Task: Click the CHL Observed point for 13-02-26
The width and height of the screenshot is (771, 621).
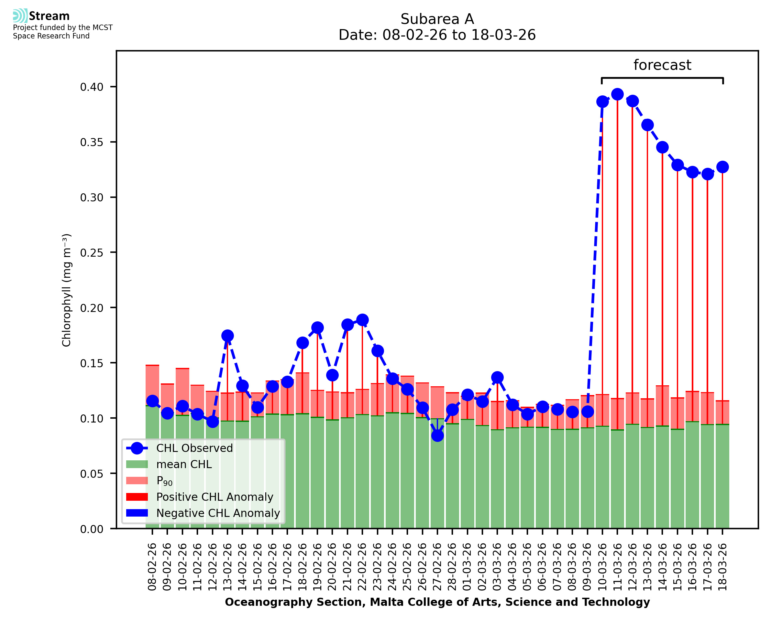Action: (x=227, y=336)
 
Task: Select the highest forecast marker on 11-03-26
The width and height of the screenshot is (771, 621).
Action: (x=617, y=94)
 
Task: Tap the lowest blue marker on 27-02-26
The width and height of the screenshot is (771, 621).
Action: (x=437, y=436)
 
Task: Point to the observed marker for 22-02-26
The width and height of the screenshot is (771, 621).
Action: (x=362, y=320)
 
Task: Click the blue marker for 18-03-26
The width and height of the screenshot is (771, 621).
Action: (x=722, y=167)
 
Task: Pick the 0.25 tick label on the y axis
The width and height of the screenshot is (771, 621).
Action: (x=92, y=253)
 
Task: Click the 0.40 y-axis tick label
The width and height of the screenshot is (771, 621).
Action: (x=92, y=87)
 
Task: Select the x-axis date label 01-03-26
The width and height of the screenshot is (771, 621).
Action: (x=468, y=567)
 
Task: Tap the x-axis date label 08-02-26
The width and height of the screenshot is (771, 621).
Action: (x=152, y=567)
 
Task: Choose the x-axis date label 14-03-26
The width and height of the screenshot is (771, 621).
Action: (x=663, y=567)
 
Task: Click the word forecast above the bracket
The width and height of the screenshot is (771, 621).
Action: (x=662, y=65)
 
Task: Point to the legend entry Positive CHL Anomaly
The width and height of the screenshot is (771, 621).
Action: (x=215, y=497)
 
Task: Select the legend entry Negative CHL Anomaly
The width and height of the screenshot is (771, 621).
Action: (x=218, y=513)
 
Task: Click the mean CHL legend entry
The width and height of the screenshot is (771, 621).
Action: (x=184, y=464)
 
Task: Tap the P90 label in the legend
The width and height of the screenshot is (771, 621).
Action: (x=164, y=481)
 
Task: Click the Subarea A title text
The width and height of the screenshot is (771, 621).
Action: (x=437, y=19)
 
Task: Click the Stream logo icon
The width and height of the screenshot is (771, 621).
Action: (x=20, y=16)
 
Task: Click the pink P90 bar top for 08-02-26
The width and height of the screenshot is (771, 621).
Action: (x=152, y=366)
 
